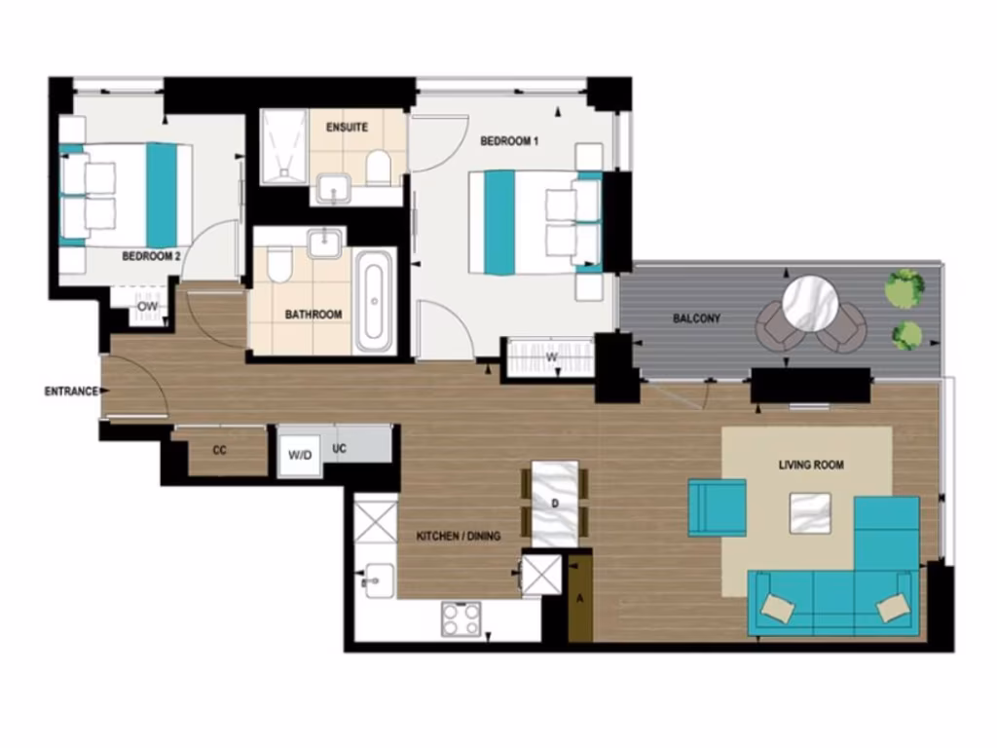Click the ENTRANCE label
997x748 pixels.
pyautogui.click(x=71, y=392)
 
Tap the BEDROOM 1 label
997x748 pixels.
pyautogui.click(x=509, y=141)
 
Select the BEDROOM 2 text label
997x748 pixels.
pyautogui.click(x=151, y=257)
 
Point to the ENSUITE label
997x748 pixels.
pyautogui.click(x=347, y=128)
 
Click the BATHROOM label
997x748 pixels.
pyautogui.click(x=313, y=315)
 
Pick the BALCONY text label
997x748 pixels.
pyautogui.click(x=696, y=318)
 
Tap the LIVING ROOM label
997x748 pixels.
pyautogui.click(x=811, y=466)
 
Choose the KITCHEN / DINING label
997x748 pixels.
pyautogui.click(x=459, y=537)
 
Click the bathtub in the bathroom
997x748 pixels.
pyautogui.click(x=375, y=301)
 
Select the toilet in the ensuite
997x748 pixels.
pyautogui.click(x=379, y=168)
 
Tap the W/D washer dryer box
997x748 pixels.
pyautogui.click(x=299, y=455)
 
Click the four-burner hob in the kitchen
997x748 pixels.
pyautogui.click(x=461, y=618)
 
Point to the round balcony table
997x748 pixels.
pyautogui.click(x=811, y=302)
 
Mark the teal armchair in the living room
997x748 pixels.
pyautogui.click(x=717, y=506)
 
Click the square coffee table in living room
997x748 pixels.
pyautogui.click(x=810, y=512)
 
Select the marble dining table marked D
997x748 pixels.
pyautogui.click(x=555, y=503)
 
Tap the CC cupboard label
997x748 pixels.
pyautogui.click(x=219, y=451)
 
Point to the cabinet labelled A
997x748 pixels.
pyautogui.click(x=580, y=597)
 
